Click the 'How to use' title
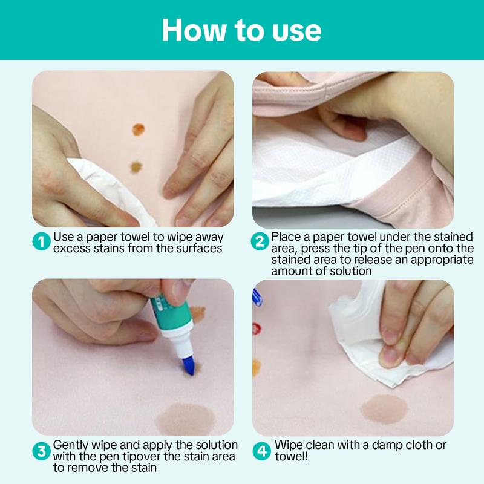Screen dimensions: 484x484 coord(241,30)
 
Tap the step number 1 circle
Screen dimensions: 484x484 coord(41,241)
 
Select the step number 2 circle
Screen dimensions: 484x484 coord(260,241)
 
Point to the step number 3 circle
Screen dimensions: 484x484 coord(41,451)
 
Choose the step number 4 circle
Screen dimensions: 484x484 coord(262,451)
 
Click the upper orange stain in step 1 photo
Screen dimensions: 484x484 coord(139,129)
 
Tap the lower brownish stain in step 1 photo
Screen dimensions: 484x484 coord(136,167)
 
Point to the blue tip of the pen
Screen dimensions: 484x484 coord(189,365)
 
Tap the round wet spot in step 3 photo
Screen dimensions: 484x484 coord(186,419)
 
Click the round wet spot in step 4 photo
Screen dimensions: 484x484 coord(384,410)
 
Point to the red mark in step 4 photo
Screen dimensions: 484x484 coord(256,329)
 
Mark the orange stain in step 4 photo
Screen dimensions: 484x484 coord(256,368)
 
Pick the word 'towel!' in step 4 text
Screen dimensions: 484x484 coord(292,457)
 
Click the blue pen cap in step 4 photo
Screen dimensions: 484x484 coord(257,297)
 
